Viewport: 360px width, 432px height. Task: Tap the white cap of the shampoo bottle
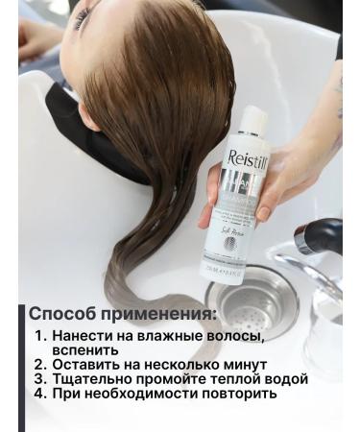(252, 119)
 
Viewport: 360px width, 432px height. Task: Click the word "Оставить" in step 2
(85, 365)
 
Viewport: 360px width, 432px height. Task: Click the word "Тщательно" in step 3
(92, 379)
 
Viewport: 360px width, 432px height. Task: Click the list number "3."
(39, 379)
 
